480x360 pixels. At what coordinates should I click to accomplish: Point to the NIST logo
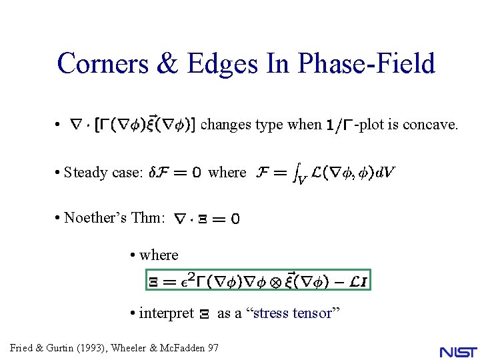pos(458,351)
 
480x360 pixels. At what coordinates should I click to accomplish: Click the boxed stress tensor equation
pos(258,281)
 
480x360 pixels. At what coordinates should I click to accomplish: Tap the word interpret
pos(166,313)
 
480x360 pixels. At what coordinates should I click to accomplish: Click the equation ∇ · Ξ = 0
pos(207,219)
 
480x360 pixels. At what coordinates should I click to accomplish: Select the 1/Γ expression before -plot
pos(340,125)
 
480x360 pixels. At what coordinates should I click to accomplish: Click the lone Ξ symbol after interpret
pos(205,314)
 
